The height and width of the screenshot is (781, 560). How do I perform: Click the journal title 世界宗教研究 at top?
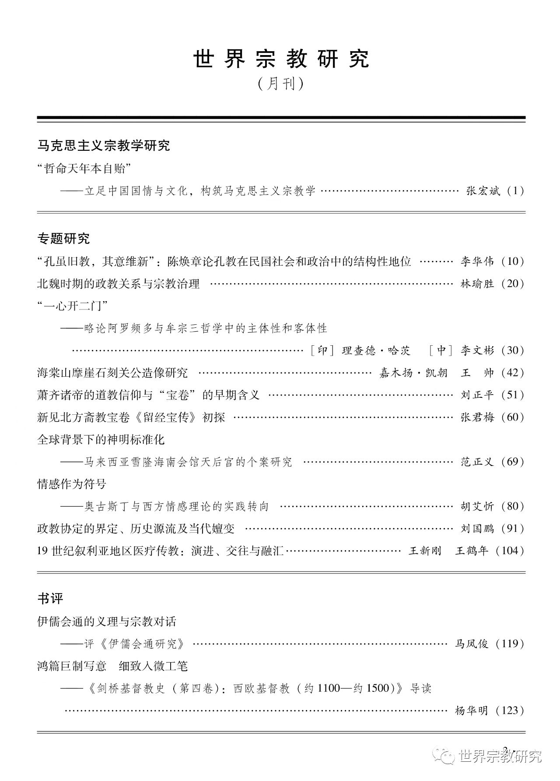click(281, 59)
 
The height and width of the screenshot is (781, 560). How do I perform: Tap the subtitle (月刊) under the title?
click(280, 83)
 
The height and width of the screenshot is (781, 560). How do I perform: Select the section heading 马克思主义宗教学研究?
click(104, 146)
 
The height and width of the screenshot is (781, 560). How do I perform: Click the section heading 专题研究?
click(63, 239)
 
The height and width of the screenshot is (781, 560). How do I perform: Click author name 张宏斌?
click(483, 191)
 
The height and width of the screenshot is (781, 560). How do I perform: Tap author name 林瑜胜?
click(477, 284)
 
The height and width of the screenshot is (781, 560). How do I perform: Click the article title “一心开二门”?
click(73, 306)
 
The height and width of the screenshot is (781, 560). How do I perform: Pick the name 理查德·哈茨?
click(376, 351)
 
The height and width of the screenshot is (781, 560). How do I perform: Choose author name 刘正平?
click(477, 395)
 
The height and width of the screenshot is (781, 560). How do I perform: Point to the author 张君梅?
click(477, 417)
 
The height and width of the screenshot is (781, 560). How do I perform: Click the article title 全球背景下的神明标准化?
click(101, 440)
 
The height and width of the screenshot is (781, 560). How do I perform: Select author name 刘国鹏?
click(477, 528)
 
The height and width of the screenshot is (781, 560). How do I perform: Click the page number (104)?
click(510, 551)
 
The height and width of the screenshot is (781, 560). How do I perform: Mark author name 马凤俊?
click(472, 644)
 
